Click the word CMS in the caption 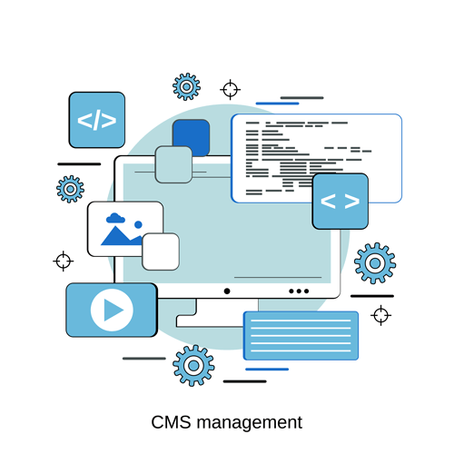coord(171,422)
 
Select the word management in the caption coord(250,423)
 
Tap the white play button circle coord(112,310)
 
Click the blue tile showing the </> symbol coord(97,120)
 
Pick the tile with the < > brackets coord(340,202)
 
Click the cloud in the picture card coord(115,218)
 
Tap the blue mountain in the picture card coord(120,237)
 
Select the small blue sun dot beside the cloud coord(138,224)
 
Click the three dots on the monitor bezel coord(299,291)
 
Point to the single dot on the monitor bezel coord(227,291)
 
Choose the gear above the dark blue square coord(186,87)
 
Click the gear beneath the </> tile coord(70,189)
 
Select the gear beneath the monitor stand coord(193,366)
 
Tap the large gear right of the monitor coord(375,263)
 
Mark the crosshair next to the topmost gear coord(230,90)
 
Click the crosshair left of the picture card coord(64,261)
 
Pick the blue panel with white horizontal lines coord(301,336)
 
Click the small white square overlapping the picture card coord(161,252)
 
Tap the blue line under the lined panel coord(267,370)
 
